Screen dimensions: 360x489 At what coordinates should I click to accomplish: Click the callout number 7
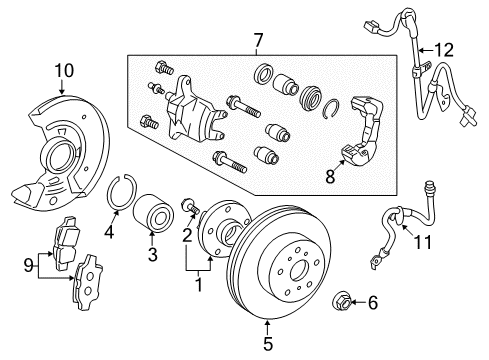click(x=258, y=40)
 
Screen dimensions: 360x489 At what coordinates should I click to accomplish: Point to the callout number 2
click(x=186, y=236)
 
